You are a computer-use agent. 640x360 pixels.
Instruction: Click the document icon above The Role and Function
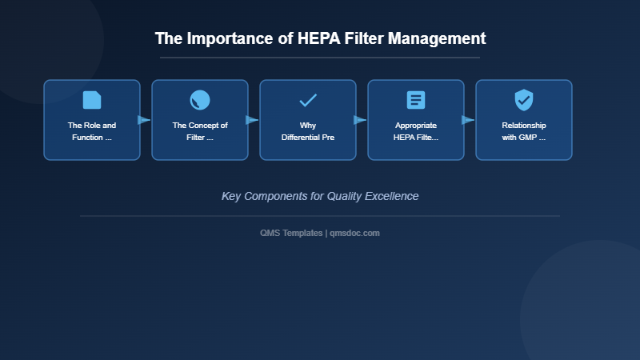coord(92,100)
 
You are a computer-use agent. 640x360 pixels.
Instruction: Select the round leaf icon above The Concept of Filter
coord(200,100)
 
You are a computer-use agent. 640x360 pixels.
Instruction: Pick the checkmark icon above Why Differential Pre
coord(308,100)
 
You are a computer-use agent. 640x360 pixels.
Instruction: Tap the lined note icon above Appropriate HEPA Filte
coord(416,100)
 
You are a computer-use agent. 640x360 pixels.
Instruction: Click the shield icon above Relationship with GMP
coord(524,100)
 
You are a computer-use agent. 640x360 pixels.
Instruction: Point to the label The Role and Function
coord(92,131)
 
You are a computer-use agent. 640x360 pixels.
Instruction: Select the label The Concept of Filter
coord(200,131)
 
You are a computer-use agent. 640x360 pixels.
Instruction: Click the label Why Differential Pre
coord(308,131)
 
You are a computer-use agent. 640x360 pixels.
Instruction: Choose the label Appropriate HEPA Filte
coord(416,131)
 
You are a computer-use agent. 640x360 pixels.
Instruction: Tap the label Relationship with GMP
coord(524,131)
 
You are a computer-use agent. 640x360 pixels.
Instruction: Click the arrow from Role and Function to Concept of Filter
coord(144,120)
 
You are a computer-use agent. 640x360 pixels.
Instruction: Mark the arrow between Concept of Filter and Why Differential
coord(252,120)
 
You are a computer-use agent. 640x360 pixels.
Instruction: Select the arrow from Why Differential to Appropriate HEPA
coord(360,120)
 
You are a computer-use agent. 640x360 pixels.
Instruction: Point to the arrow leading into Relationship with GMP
coord(468,120)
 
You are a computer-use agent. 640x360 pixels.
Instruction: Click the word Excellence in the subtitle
coord(390,196)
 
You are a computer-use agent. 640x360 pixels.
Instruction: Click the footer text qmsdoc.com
coord(354,233)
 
